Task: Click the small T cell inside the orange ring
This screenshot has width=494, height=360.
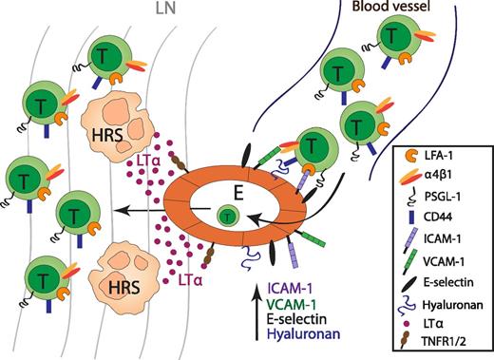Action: tap(228, 215)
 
